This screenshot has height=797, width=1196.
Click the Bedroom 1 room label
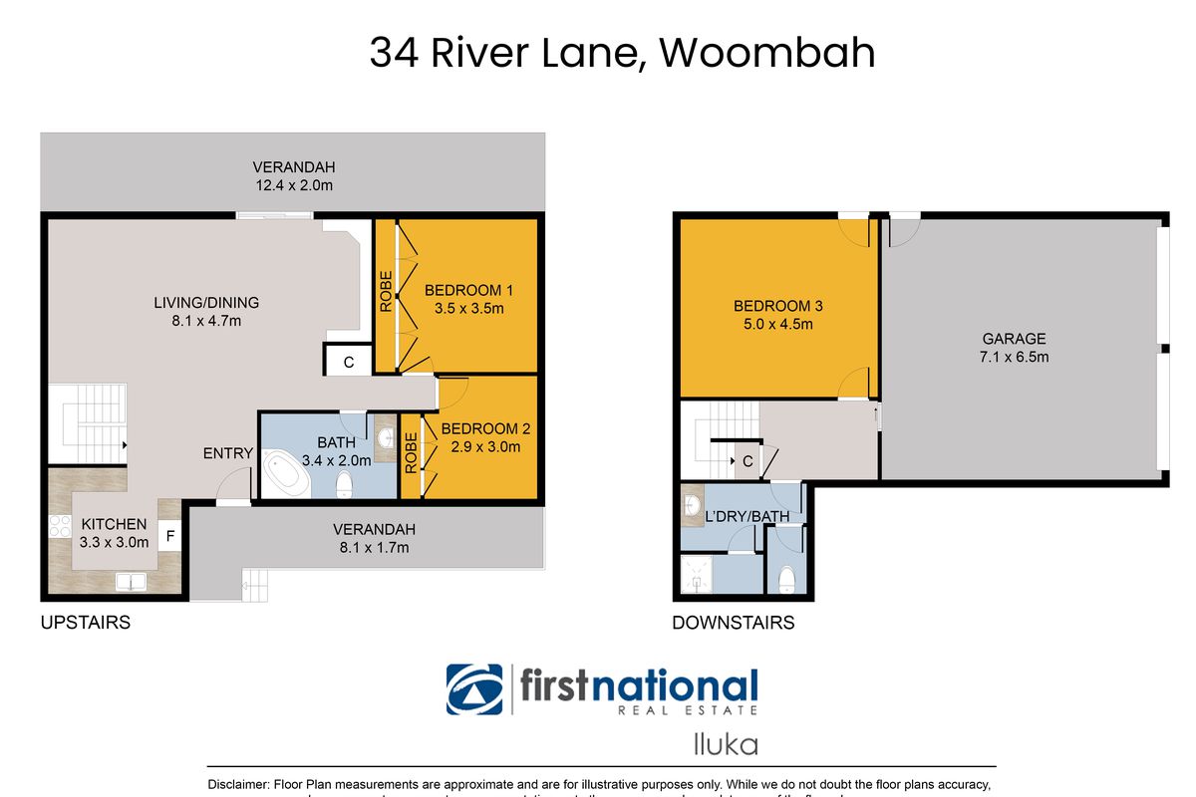468,291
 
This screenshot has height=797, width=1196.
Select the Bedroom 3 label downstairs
777,306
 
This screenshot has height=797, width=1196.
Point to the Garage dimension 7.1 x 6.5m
1014,357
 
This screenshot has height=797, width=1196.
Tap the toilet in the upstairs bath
344,485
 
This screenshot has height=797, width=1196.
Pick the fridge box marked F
170,536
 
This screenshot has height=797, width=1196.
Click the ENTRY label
228,453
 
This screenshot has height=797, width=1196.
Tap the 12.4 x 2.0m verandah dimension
292,185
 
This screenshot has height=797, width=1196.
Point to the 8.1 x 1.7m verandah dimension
374,547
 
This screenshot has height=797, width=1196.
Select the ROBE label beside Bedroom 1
386,293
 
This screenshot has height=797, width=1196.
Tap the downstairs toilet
787,579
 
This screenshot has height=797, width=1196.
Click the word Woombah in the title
767,53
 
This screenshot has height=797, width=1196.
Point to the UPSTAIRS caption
85,623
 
